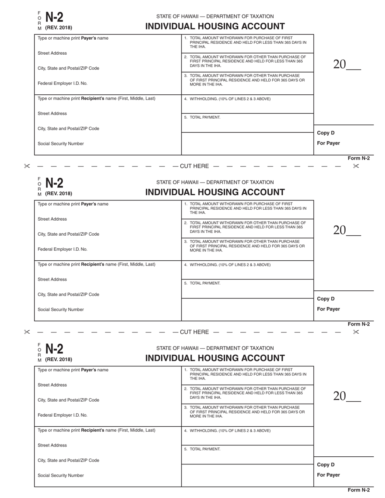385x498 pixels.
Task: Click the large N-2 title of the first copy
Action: click(54, 17)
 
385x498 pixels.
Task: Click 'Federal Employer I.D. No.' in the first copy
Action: click(62, 83)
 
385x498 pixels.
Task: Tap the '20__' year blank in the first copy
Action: click(346, 64)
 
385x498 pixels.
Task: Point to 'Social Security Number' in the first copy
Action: click(61, 144)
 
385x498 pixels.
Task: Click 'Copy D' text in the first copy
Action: click(326, 133)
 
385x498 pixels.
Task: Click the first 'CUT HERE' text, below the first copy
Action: click(194, 166)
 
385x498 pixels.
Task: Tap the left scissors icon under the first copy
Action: click(27, 166)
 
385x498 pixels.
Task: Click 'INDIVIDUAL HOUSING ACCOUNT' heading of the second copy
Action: click(215, 192)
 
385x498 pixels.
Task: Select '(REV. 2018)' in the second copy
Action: click(59, 194)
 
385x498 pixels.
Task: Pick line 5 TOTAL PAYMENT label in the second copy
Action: click(202, 283)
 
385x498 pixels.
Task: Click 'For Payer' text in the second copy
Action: click(328, 309)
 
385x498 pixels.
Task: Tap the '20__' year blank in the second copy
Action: click(346, 230)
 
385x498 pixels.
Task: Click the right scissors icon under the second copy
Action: click(356, 332)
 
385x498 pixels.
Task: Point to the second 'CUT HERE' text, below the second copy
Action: click(194, 332)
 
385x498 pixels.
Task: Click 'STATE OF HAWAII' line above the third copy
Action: click(215, 348)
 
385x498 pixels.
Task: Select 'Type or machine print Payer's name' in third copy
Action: click(73, 370)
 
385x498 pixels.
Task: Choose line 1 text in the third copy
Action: click(245, 374)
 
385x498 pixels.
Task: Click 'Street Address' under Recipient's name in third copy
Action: click(52, 445)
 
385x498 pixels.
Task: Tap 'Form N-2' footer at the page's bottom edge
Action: click(359, 490)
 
